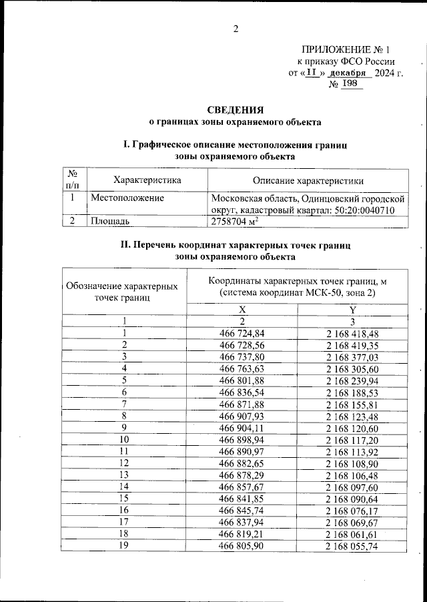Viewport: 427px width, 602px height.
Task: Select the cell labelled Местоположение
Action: coord(127,198)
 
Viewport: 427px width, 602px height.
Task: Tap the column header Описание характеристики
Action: coord(308,180)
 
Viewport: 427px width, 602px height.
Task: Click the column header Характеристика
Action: coord(147,180)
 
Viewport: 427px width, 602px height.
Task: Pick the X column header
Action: coord(242,309)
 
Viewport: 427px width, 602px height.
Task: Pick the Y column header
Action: coord(352,309)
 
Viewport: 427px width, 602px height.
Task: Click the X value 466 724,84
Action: coord(242,333)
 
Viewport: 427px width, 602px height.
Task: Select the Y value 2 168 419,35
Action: coord(352,344)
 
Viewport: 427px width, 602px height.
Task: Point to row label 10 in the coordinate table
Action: coord(124,440)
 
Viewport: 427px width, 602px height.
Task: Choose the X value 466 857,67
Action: coord(242,487)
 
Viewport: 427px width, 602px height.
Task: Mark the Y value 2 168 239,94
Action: coord(352,380)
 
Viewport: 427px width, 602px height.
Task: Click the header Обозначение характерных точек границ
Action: coord(124,291)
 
